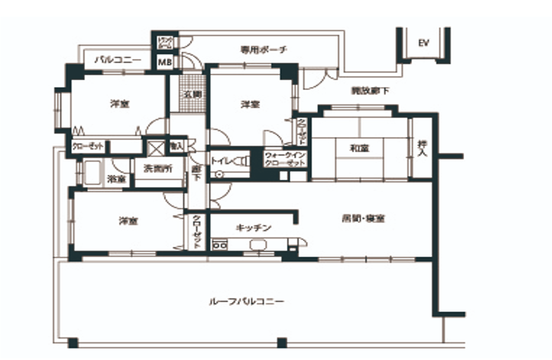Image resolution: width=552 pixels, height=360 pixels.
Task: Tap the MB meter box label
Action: pos(163,63)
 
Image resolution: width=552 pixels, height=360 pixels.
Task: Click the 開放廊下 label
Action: pos(371,91)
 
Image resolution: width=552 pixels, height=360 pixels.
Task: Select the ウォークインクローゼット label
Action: pos(285,159)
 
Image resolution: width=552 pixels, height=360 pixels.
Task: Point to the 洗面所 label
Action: pos(158,168)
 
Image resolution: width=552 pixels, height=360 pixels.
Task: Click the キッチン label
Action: pos(254,228)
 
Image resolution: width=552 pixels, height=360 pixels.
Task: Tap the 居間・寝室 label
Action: pos(363,219)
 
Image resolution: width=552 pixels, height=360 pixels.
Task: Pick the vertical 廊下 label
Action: pos(196,174)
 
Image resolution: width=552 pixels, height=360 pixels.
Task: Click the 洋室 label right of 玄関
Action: pos(250,104)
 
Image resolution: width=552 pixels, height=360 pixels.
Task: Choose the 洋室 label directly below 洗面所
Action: pos(129,221)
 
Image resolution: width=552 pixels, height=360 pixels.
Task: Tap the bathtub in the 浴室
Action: pos(94,173)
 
